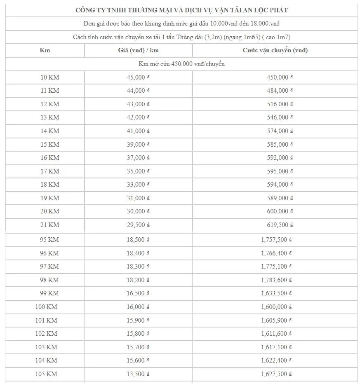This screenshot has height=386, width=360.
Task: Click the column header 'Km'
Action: click(45, 50)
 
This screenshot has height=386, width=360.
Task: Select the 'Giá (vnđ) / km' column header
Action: click(138, 50)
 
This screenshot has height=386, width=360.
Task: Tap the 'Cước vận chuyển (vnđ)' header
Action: click(275, 50)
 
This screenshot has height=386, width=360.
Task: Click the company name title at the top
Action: click(181, 10)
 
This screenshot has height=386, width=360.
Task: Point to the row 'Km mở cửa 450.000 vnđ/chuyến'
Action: click(181, 64)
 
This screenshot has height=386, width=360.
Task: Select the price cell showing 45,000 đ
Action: click(138, 77)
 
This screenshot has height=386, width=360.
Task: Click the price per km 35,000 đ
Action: click(138, 171)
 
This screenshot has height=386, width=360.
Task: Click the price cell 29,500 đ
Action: click(138, 225)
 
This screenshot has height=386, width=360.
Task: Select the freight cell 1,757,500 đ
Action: click(277, 239)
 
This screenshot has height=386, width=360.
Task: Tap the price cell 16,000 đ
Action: click(138, 307)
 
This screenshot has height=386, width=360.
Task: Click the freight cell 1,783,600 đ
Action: click(277, 280)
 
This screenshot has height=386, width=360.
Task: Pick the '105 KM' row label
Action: click(46, 374)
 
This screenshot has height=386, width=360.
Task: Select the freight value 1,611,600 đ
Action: click(277, 334)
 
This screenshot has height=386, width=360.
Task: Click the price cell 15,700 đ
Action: click(138, 347)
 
